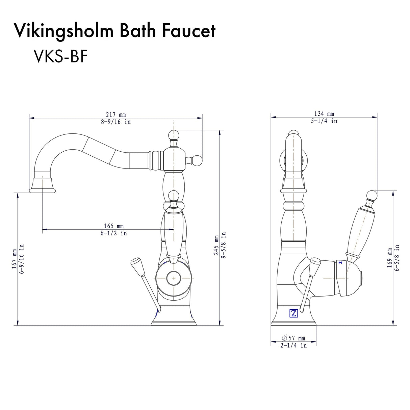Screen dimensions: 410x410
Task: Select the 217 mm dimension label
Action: [116, 115]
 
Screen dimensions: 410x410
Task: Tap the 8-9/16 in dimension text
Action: [116, 122]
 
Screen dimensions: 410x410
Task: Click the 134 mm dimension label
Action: [324, 114]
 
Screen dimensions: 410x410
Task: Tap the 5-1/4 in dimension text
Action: [324, 121]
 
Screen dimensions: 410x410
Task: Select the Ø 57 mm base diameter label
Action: [293, 338]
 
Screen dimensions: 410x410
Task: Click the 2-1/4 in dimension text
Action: [293, 345]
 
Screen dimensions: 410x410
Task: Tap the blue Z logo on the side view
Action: [293, 313]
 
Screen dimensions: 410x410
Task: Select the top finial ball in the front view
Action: [174, 134]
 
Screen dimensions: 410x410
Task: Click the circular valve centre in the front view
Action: [174, 278]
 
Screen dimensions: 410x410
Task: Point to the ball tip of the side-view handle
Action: [371, 195]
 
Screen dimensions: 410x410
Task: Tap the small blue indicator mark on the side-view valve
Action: [340, 262]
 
